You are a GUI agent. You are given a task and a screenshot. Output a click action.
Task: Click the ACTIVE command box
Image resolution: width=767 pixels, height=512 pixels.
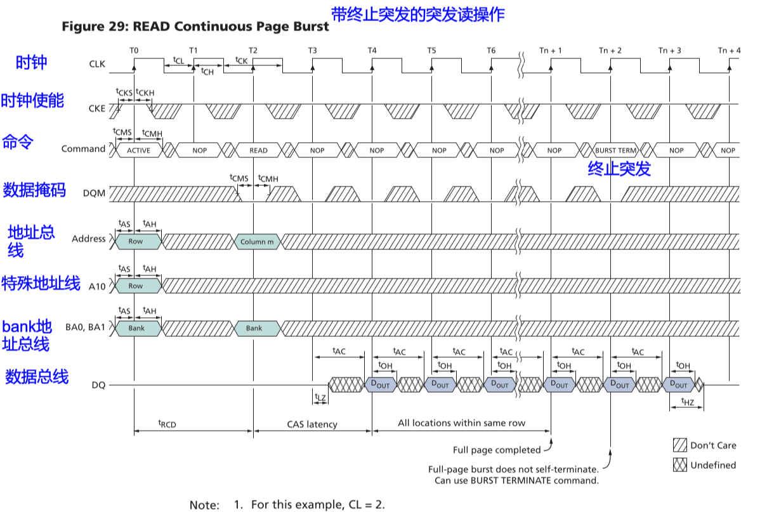pos(138,150)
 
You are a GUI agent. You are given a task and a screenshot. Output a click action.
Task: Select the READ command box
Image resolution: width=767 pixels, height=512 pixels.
pos(258,150)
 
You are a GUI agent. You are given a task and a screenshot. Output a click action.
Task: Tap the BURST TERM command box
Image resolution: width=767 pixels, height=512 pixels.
pos(615,150)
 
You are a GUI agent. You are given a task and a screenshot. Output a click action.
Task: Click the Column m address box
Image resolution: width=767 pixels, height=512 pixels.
pos(257,242)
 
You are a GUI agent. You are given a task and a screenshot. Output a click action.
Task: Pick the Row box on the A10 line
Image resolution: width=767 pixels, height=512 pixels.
pos(136,286)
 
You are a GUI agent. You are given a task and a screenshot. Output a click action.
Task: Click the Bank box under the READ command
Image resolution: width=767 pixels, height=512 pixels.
pos(254,328)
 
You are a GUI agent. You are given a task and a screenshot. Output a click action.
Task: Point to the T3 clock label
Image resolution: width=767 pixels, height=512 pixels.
pos(313,50)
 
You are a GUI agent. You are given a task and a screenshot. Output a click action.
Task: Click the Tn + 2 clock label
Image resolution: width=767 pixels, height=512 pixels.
pos(610,50)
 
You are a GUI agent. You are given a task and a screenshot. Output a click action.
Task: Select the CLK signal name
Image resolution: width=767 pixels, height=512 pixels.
pos(97,63)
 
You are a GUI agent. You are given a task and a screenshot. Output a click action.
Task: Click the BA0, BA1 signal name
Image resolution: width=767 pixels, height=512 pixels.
pos(85,328)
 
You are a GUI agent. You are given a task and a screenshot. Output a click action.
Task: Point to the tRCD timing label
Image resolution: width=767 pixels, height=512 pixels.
pos(167,423)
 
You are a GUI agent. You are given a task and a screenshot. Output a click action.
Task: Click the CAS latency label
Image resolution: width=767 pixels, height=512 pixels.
pos(312,424)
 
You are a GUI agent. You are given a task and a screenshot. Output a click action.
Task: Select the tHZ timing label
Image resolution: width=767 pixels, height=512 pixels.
pos(687,402)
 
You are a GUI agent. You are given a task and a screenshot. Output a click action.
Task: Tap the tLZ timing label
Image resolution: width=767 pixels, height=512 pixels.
pos(320,398)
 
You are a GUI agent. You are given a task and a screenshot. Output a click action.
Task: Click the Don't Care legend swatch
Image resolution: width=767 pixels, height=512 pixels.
pos(680,445)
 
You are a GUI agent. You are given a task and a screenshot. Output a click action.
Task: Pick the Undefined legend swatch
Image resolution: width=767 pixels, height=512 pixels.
pos(680,465)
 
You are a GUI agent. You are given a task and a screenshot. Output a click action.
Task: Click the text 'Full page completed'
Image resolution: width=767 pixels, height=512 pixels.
pos(497,450)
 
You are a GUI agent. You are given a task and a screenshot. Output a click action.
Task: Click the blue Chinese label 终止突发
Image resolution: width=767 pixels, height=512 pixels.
pos(619,168)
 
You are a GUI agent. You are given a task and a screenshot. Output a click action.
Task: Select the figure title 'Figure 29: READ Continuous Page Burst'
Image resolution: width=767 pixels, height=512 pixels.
pos(195,27)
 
